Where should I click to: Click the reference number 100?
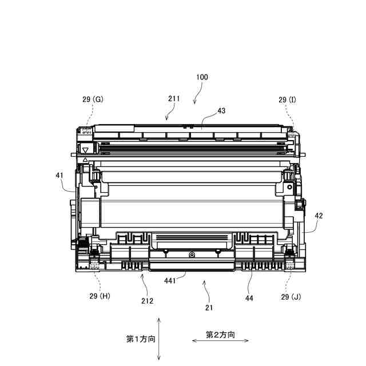point(202,77)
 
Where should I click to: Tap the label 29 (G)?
point(92,100)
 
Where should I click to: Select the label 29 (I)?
point(288,100)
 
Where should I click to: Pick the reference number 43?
point(221,111)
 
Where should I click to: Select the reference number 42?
point(319,216)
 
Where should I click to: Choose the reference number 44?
point(250,297)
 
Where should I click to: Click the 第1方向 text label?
point(141,339)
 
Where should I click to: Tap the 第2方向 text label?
point(220,335)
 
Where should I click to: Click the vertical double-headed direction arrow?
point(159,339)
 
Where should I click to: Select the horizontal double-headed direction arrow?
point(220,341)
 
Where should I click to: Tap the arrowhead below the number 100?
point(194,101)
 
